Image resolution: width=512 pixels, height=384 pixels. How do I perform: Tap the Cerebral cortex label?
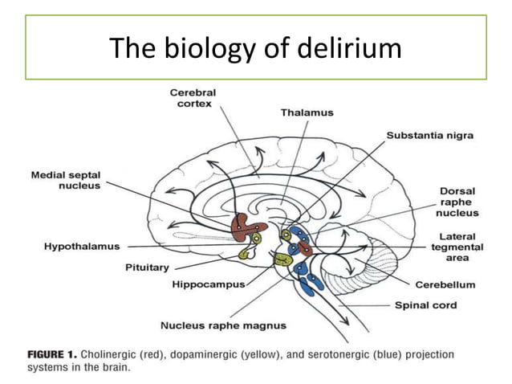(x=193, y=100)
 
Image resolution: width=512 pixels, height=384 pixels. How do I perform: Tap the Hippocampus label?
(x=208, y=284)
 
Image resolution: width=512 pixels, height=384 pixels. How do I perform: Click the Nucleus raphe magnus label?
(x=223, y=325)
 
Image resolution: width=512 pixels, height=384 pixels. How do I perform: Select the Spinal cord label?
(x=426, y=305)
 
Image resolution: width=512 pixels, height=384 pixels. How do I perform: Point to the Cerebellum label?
(x=445, y=284)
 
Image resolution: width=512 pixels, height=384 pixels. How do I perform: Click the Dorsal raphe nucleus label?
(x=457, y=202)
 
